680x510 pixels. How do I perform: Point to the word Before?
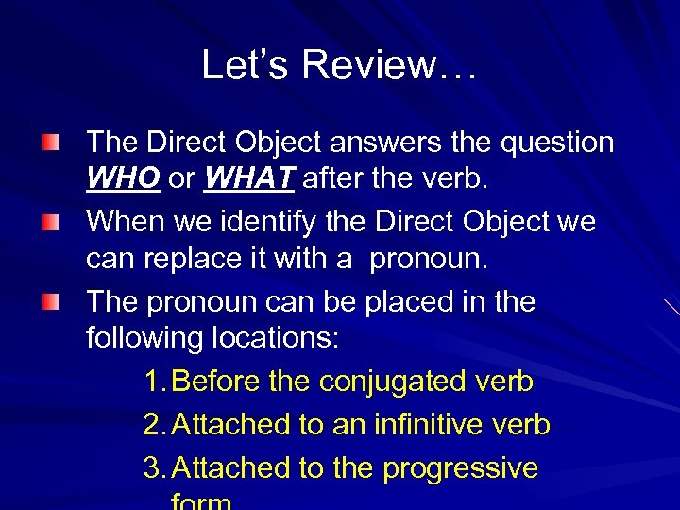click(217, 382)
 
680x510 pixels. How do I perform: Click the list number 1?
click(155, 382)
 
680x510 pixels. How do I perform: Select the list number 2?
click(155, 425)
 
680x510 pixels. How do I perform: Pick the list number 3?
click(155, 467)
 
